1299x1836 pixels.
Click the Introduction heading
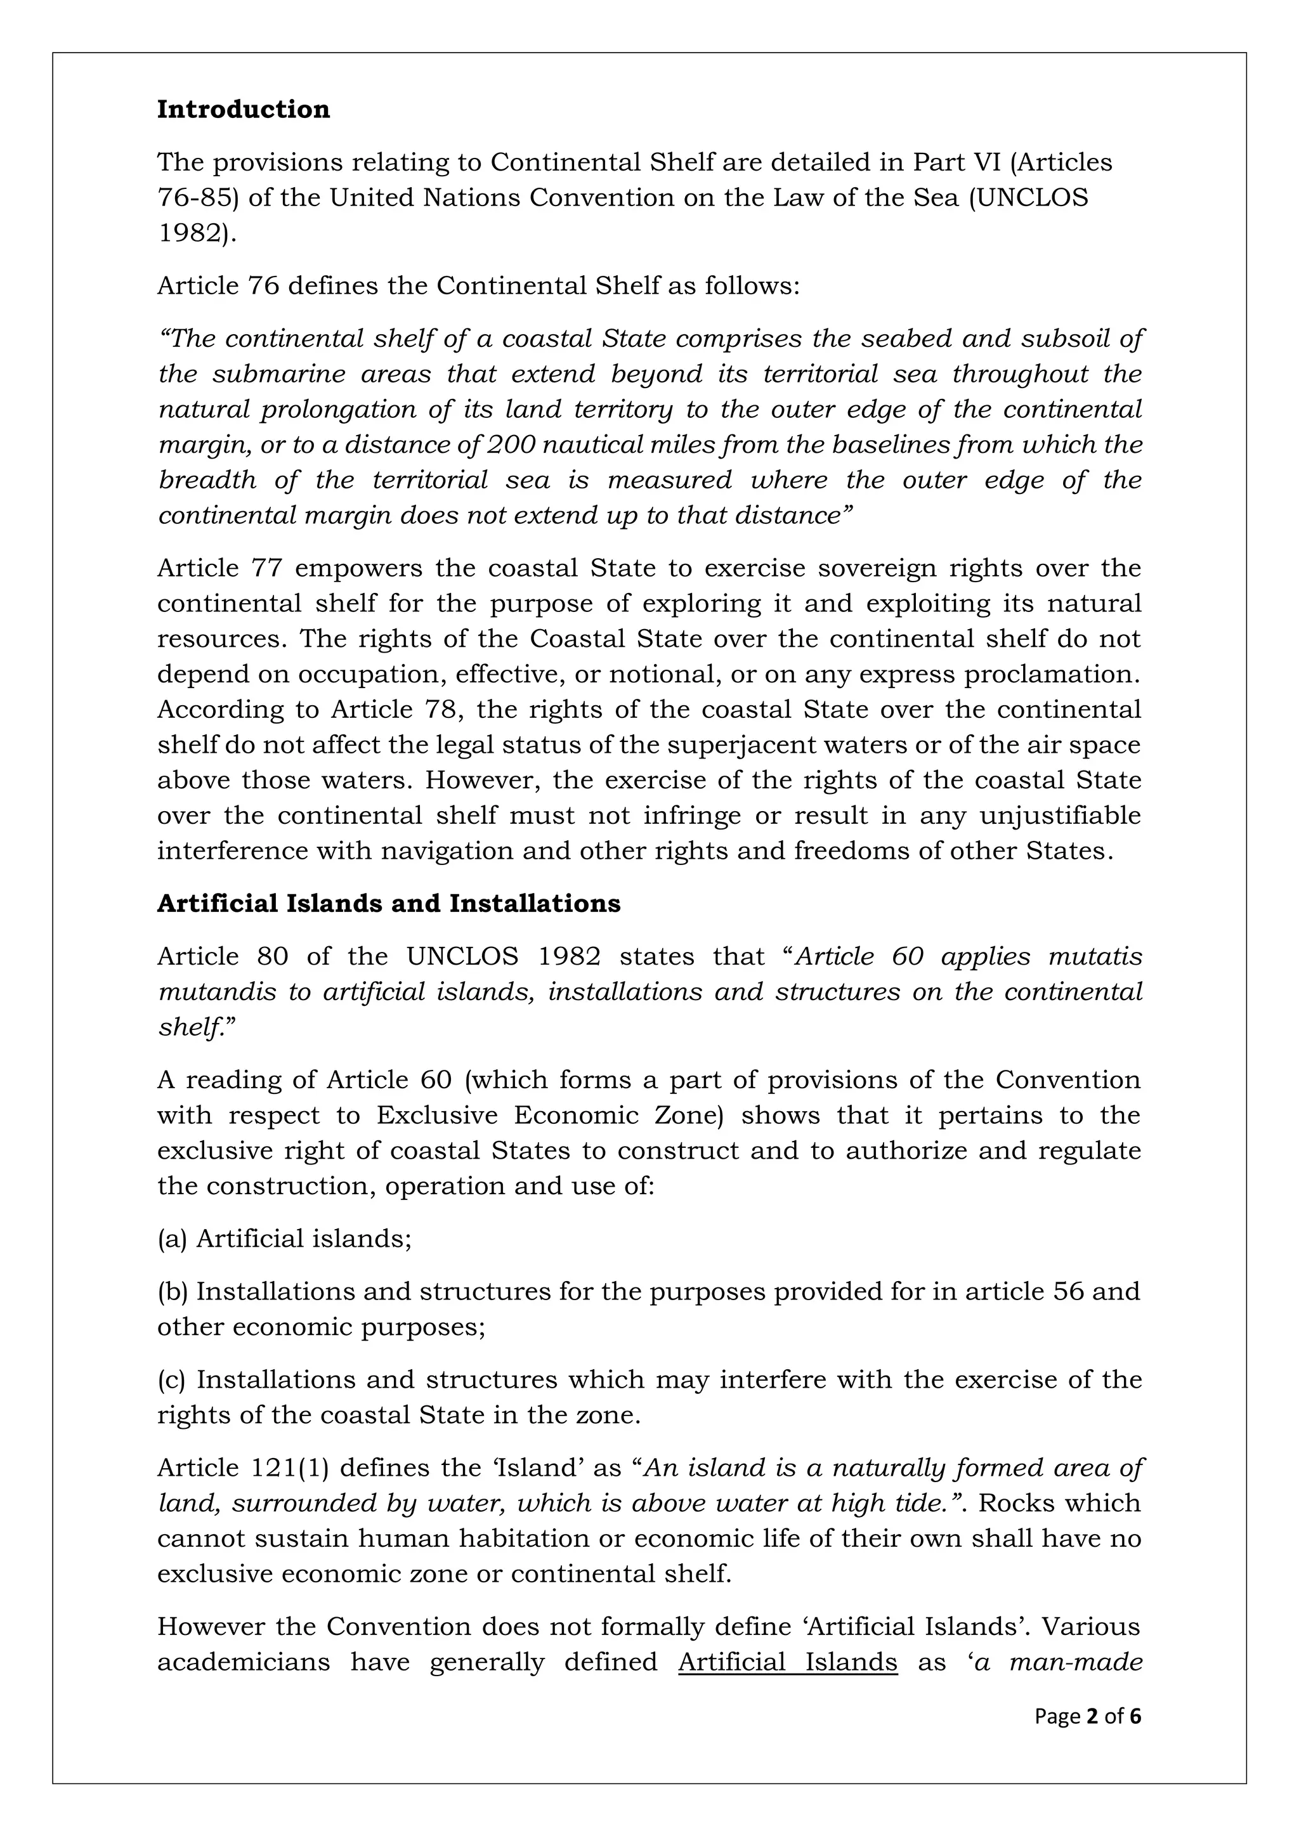click(243, 108)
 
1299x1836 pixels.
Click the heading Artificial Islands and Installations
click(389, 903)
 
